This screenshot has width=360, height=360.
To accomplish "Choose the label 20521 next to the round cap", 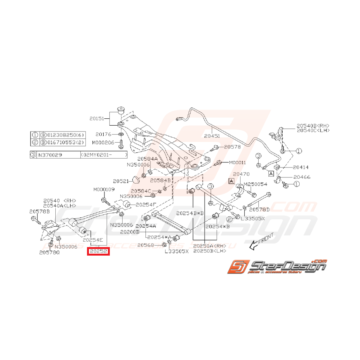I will (x=121, y=181).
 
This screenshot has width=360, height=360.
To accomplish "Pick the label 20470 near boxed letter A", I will (x=242, y=174).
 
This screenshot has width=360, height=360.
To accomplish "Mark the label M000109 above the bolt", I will (x=104, y=189).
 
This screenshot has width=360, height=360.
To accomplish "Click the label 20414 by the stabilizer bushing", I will (x=300, y=167).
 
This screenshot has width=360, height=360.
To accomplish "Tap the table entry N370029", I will (x=50, y=155).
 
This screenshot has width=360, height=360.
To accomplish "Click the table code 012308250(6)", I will (x=66, y=135).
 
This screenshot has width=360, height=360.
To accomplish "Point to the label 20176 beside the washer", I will (x=104, y=135).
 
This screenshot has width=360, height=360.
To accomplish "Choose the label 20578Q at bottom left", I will (x=49, y=253).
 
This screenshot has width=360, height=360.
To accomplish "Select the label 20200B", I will (x=130, y=232).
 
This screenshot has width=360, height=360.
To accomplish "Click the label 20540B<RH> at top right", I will (x=313, y=126).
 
